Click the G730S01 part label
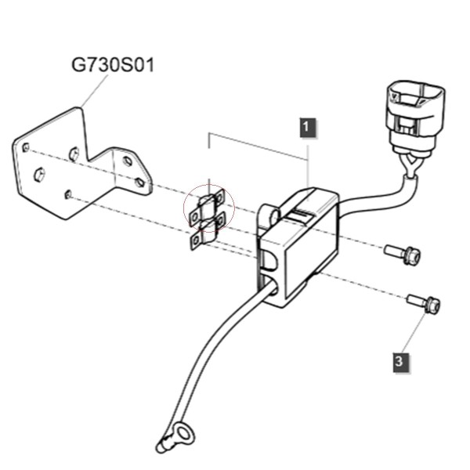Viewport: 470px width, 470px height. [113, 65]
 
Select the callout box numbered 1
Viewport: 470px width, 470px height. [308, 128]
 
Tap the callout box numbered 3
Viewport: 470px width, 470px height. [401, 363]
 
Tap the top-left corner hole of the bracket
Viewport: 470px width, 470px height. [26, 147]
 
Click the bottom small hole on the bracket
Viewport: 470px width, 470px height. [68, 194]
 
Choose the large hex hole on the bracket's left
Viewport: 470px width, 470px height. [39, 175]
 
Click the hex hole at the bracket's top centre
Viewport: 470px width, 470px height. [74, 154]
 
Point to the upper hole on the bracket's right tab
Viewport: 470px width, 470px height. [128, 161]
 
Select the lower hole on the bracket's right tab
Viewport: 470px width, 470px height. [139, 182]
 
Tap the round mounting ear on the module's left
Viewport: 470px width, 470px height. [269, 216]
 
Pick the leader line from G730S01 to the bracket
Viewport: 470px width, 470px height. [94, 91]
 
